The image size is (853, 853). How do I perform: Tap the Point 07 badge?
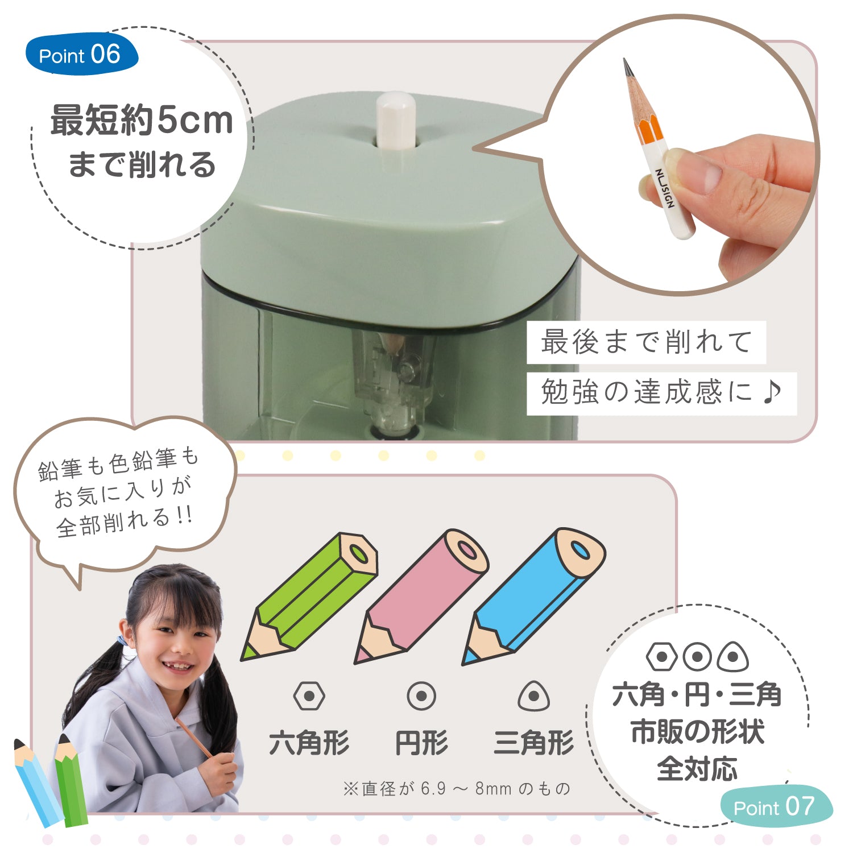[x=775, y=806]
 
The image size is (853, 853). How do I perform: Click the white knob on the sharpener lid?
[x=396, y=121]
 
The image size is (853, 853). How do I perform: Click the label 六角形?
[x=309, y=743]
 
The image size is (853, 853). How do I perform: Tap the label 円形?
[x=421, y=743]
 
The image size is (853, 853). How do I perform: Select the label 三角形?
[x=533, y=743]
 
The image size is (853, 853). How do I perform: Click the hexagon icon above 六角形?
[x=309, y=696]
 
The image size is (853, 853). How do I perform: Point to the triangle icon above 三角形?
[x=533, y=696]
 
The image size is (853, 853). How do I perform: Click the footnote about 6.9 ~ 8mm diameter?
[x=457, y=789]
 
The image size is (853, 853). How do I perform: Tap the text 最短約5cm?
[x=142, y=121]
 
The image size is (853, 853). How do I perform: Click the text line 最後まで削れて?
[x=646, y=342]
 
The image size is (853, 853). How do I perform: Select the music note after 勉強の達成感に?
[x=772, y=392]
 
